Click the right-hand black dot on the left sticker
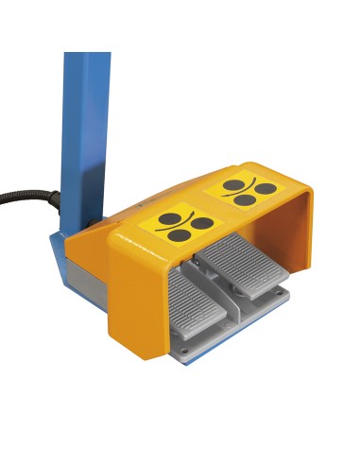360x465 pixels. pyautogui.click(x=196, y=224)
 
